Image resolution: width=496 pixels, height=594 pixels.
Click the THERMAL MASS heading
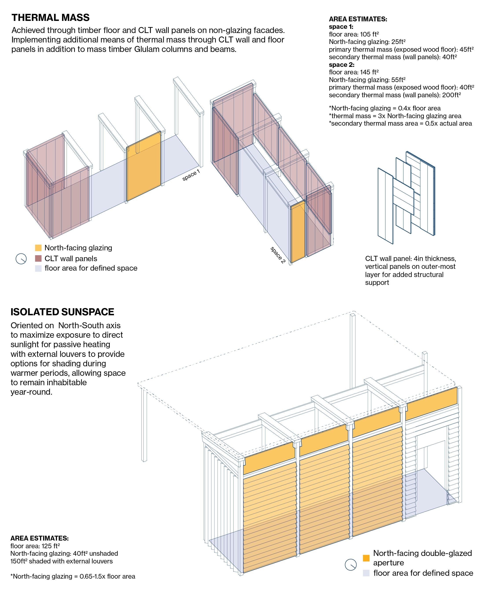(50, 18)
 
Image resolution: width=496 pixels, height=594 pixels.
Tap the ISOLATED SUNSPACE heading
(62, 312)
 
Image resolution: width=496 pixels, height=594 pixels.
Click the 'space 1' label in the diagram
(191, 175)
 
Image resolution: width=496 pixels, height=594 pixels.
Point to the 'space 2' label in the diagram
(278, 255)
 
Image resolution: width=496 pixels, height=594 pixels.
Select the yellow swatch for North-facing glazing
(38, 248)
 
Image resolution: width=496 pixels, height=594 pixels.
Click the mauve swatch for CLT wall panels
(38, 258)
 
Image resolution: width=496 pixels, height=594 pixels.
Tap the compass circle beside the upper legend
(21, 258)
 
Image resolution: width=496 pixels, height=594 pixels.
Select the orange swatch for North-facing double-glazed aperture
(366, 558)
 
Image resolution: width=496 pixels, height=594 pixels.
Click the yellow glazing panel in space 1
(144, 166)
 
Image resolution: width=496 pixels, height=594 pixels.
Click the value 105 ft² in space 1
(369, 34)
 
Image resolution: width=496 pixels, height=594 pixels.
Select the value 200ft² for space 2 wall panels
(451, 95)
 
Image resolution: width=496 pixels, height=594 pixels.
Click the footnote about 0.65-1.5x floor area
(73, 576)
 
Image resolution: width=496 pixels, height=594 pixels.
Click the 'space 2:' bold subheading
(341, 64)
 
